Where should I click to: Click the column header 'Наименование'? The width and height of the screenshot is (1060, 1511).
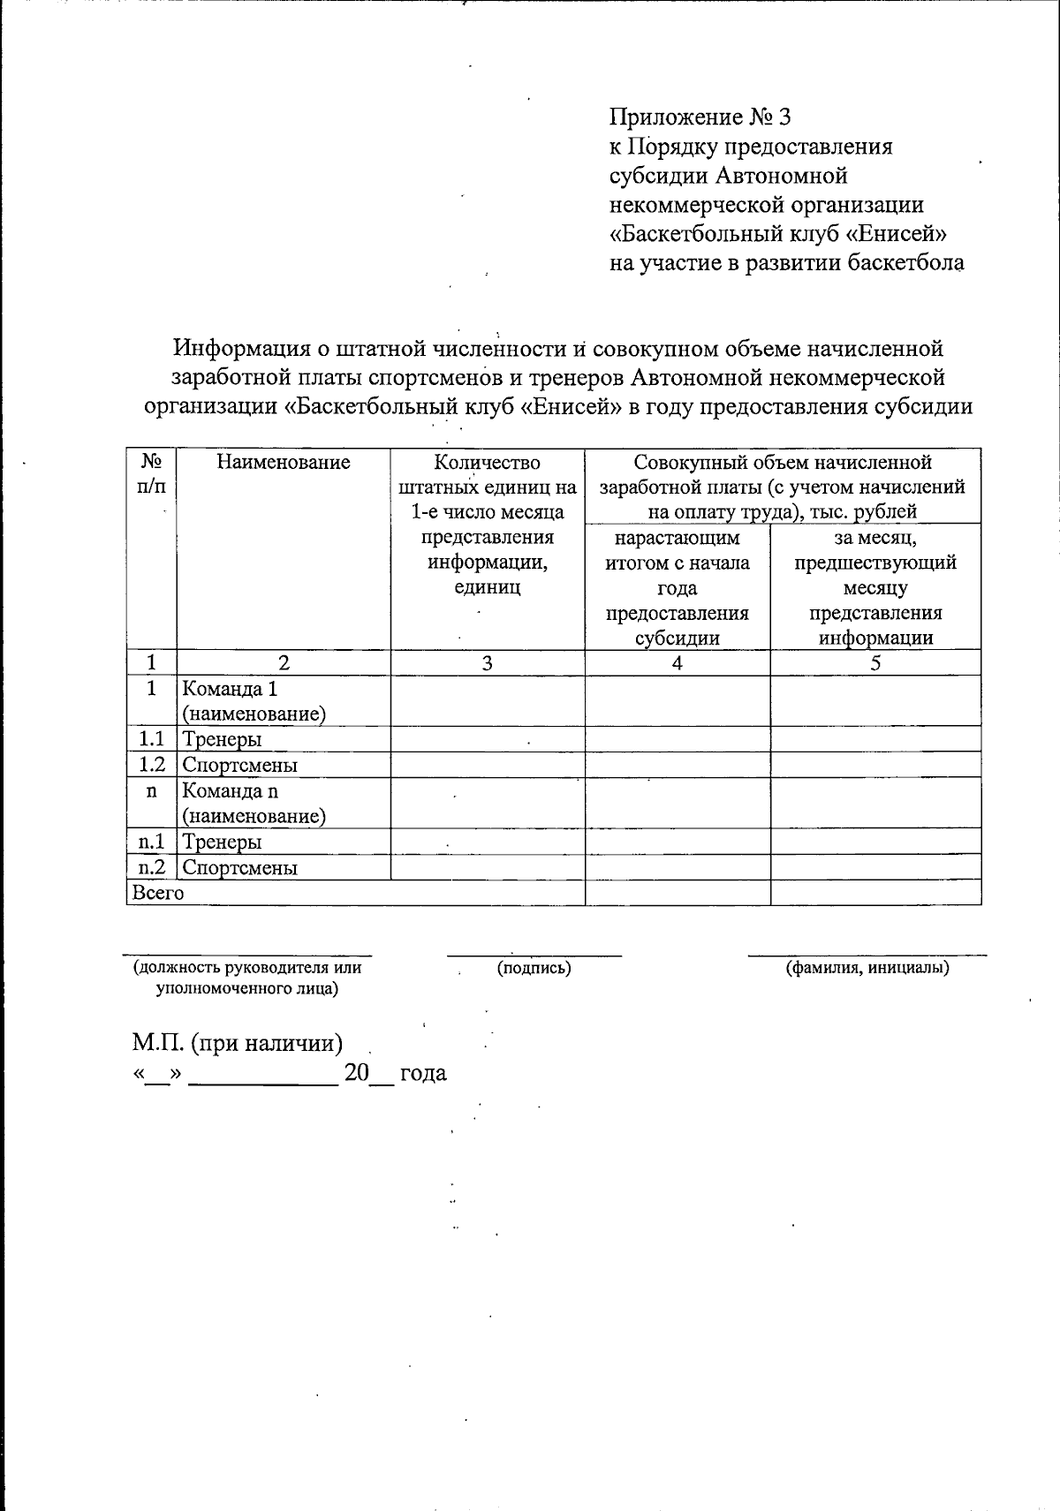point(284,462)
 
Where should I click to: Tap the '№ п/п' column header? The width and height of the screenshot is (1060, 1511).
point(151,474)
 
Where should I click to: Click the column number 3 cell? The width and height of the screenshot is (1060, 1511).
point(488,663)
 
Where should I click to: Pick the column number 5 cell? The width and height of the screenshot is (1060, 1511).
point(875,663)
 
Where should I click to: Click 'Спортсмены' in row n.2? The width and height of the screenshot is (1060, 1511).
point(239,868)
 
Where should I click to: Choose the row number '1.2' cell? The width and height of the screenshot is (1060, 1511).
point(151,765)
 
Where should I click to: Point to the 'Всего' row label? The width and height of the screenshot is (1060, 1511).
point(157,893)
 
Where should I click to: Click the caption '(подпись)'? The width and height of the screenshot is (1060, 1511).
point(534,968)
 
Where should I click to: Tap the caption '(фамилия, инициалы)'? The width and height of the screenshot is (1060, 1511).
point(867,968)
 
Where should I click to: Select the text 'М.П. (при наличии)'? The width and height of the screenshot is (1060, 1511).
point(238,1043)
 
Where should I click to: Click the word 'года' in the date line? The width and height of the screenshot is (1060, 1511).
point(423,1074)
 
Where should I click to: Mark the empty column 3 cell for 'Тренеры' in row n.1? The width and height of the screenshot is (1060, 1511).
point(488,842)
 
